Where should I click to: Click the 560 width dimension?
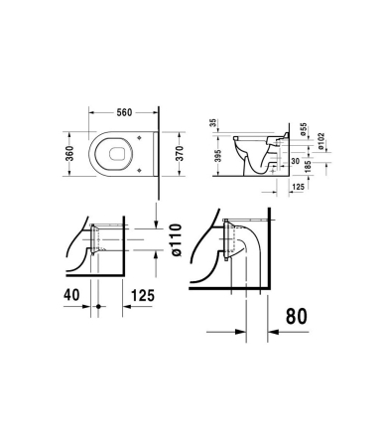[124, 112]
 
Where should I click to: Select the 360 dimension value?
[69, 154]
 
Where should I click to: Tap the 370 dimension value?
[179, 154]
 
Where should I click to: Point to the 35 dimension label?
[213, 123]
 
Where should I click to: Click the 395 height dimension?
[218, 156]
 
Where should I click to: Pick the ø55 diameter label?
[304, 129]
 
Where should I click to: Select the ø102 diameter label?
[322, 141]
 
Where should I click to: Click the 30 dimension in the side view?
[296, 161]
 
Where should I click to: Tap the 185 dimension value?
[309, 167]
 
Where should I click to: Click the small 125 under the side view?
[298, 187]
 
